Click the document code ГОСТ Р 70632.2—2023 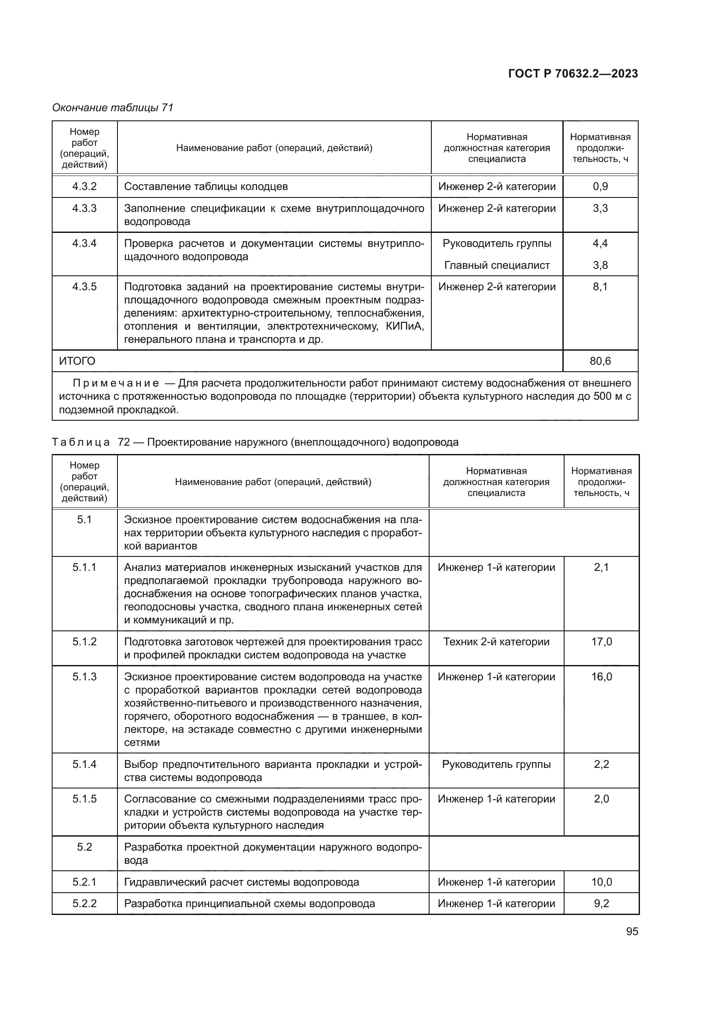[573, 74]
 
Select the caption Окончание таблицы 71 [113, 108]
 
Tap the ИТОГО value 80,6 [600, 361]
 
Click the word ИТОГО [77, 361]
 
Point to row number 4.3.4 [84, 243]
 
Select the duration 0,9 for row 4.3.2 [600, 187]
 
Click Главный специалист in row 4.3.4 [497, 265]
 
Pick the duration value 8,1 [600, 287]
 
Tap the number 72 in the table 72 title [124, 442]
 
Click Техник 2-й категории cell [497, 642]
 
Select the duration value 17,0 [601, 642]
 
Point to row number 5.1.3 [84, 677]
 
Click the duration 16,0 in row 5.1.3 [601, 677]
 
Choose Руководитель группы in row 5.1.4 [497, 764]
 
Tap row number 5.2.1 [84, 882]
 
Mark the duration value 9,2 [601, 904]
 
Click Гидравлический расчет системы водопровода [242, 882]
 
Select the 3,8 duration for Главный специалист [600, 265]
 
